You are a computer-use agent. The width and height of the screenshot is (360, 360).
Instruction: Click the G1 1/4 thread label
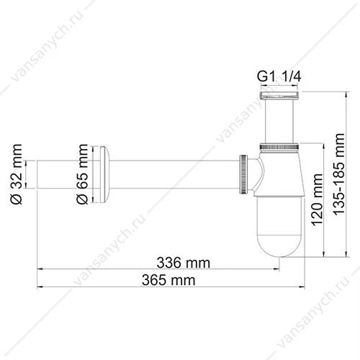pyautogui.click(x=279, y=77)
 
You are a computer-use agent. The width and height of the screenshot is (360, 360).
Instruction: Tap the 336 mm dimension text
pyautogui.click(x=184, y=263)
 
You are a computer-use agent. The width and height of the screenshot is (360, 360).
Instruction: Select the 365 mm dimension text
pyautogui.click(x=168, y=280)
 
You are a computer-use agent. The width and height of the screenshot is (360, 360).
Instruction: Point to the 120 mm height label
pyautogui.click(x=317, y=199)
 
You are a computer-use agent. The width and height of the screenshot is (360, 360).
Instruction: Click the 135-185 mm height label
pyautogui.click(x=338, y=174)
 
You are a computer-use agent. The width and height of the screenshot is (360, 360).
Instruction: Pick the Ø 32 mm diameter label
pyautogui.click(x=17, y=174)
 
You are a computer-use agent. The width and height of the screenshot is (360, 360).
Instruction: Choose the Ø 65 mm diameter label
pyautogui.click(x=82, y=174)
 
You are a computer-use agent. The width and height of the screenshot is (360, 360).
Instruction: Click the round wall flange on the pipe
pyautogui.click(x=104, y=174)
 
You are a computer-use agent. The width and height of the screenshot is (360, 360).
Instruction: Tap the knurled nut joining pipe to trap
pyautogui.click(x=243, y=174)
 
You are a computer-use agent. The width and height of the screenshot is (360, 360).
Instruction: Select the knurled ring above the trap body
pyautogui.click(x=279, y=146)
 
